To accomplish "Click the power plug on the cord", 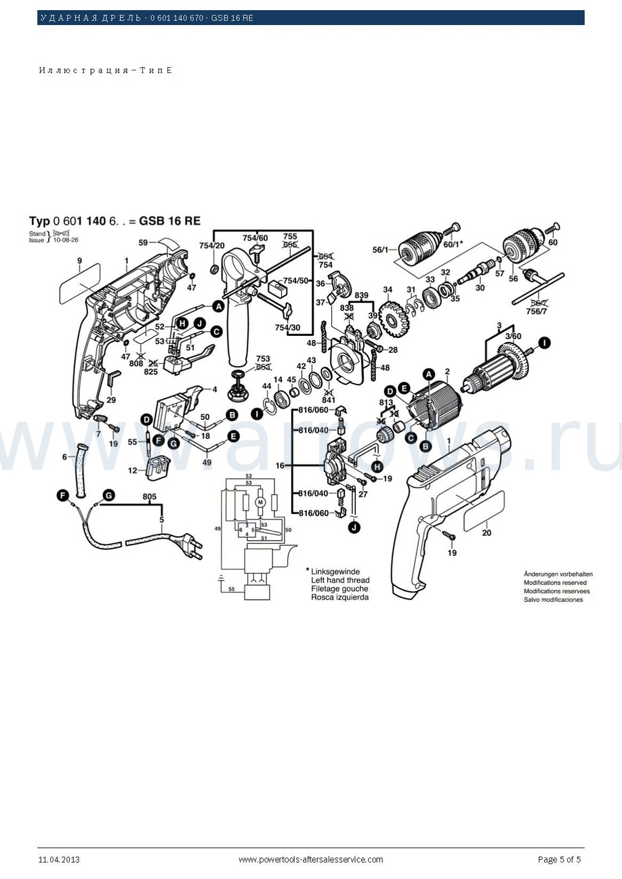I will click(189, 544).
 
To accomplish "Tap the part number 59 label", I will click(143, 242).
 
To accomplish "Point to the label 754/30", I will click(287, 328).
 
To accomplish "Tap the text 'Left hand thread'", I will click(340, 580).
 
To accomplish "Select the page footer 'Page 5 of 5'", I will click(559, 860).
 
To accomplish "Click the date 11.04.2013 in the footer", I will click(59, 860).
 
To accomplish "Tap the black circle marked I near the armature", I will click(545, 342).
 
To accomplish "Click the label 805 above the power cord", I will click(150, 496).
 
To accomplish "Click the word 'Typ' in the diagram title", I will click(39, 221).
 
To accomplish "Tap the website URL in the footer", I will click(310, 860).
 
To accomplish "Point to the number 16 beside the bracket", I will click(280, 466).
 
